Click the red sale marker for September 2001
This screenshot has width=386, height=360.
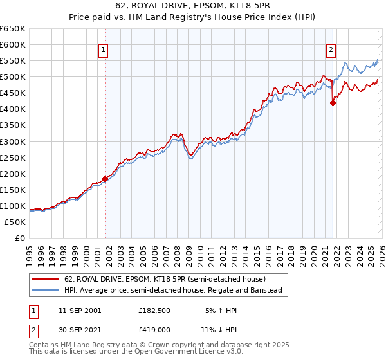pos(105,179)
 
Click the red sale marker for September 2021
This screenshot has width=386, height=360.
pos(333,103)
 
